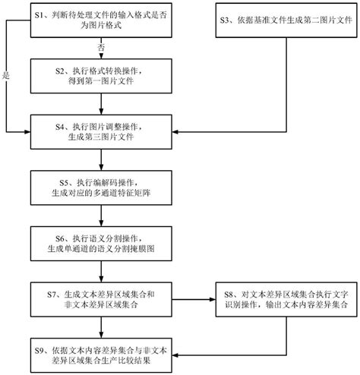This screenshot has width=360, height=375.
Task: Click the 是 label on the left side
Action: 6,75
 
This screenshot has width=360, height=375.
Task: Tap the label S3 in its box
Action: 226,16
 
